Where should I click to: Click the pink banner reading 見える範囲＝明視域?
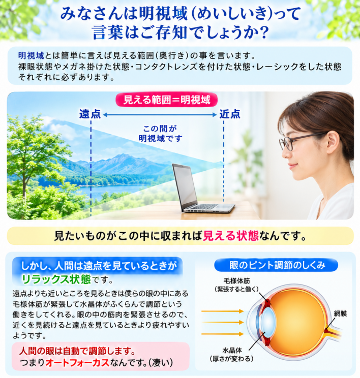(x=166, y=100)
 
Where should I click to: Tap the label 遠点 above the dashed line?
(x=90, y=114)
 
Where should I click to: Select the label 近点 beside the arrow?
(x=230, y=114)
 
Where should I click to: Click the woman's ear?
(x=333, y=142)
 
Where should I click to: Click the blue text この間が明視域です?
(x=161, y=134)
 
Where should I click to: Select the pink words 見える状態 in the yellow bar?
(x=231, y=236)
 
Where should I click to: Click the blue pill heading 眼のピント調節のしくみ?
(x=276, y=265)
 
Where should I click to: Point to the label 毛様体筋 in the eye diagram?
(x=236, y=281)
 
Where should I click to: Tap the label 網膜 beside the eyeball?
(x=340, y=313)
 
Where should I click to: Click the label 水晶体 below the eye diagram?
(x=232, y=350)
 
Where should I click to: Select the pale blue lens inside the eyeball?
(x=268, y=322)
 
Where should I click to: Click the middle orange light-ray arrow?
(x=223, y=322)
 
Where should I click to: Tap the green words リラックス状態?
(x=56, y=279)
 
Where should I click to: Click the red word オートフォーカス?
(x=77, y=363)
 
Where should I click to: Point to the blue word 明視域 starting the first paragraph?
(x=31, y=56)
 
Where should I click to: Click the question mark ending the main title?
(x=264, y=33)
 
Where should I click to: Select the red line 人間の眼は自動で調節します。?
(x=77, y=351)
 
